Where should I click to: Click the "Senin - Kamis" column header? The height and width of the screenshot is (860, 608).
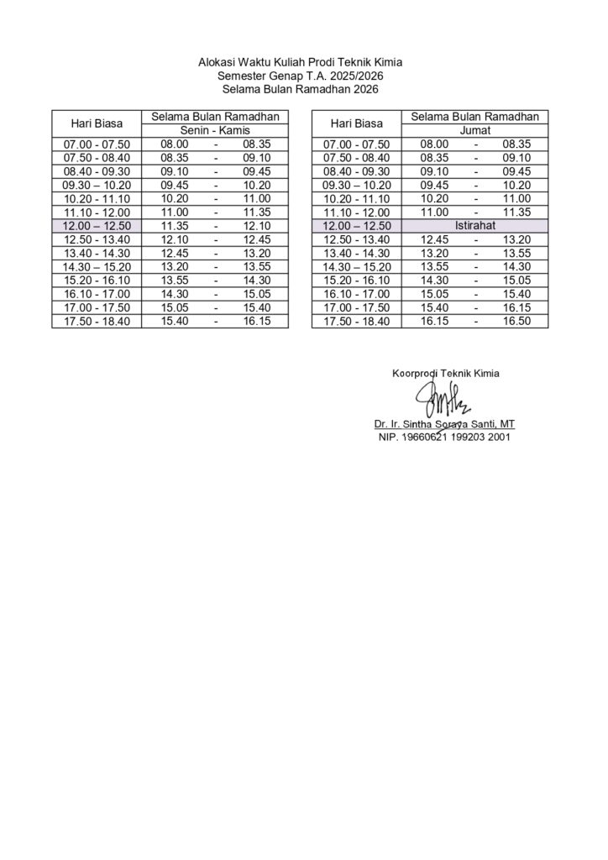(215, 131)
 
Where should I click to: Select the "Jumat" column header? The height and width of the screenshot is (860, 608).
(474, 131)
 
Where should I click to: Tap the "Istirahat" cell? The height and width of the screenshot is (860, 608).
(474, 226)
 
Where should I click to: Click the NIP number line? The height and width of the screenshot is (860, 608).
(443, 437)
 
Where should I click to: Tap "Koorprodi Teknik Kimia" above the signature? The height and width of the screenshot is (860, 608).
(445, 373)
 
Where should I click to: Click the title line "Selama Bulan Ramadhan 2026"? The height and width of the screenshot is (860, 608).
(303, 88)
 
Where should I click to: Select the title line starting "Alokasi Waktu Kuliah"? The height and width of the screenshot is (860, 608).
(303, 61)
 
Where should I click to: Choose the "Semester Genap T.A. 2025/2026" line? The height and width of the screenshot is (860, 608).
(303, 75)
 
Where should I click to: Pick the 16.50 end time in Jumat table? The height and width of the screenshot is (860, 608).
(516, 321)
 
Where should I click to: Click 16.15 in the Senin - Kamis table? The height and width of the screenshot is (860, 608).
(257, 321)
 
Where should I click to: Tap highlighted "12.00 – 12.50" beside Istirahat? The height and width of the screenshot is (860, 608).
(357, 226)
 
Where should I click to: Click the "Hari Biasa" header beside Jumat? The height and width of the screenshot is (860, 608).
(357, 123)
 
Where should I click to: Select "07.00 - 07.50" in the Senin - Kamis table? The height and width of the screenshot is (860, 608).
(97, 144)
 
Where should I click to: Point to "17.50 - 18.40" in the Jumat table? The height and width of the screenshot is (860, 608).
(357, 321)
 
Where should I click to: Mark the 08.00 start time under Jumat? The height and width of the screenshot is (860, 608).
(434, 144)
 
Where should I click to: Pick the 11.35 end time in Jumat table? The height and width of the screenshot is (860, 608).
(516, 212)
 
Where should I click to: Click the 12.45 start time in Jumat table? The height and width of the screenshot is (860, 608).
(434, 239)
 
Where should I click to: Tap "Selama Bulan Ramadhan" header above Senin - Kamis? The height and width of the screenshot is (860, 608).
(215, 117)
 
